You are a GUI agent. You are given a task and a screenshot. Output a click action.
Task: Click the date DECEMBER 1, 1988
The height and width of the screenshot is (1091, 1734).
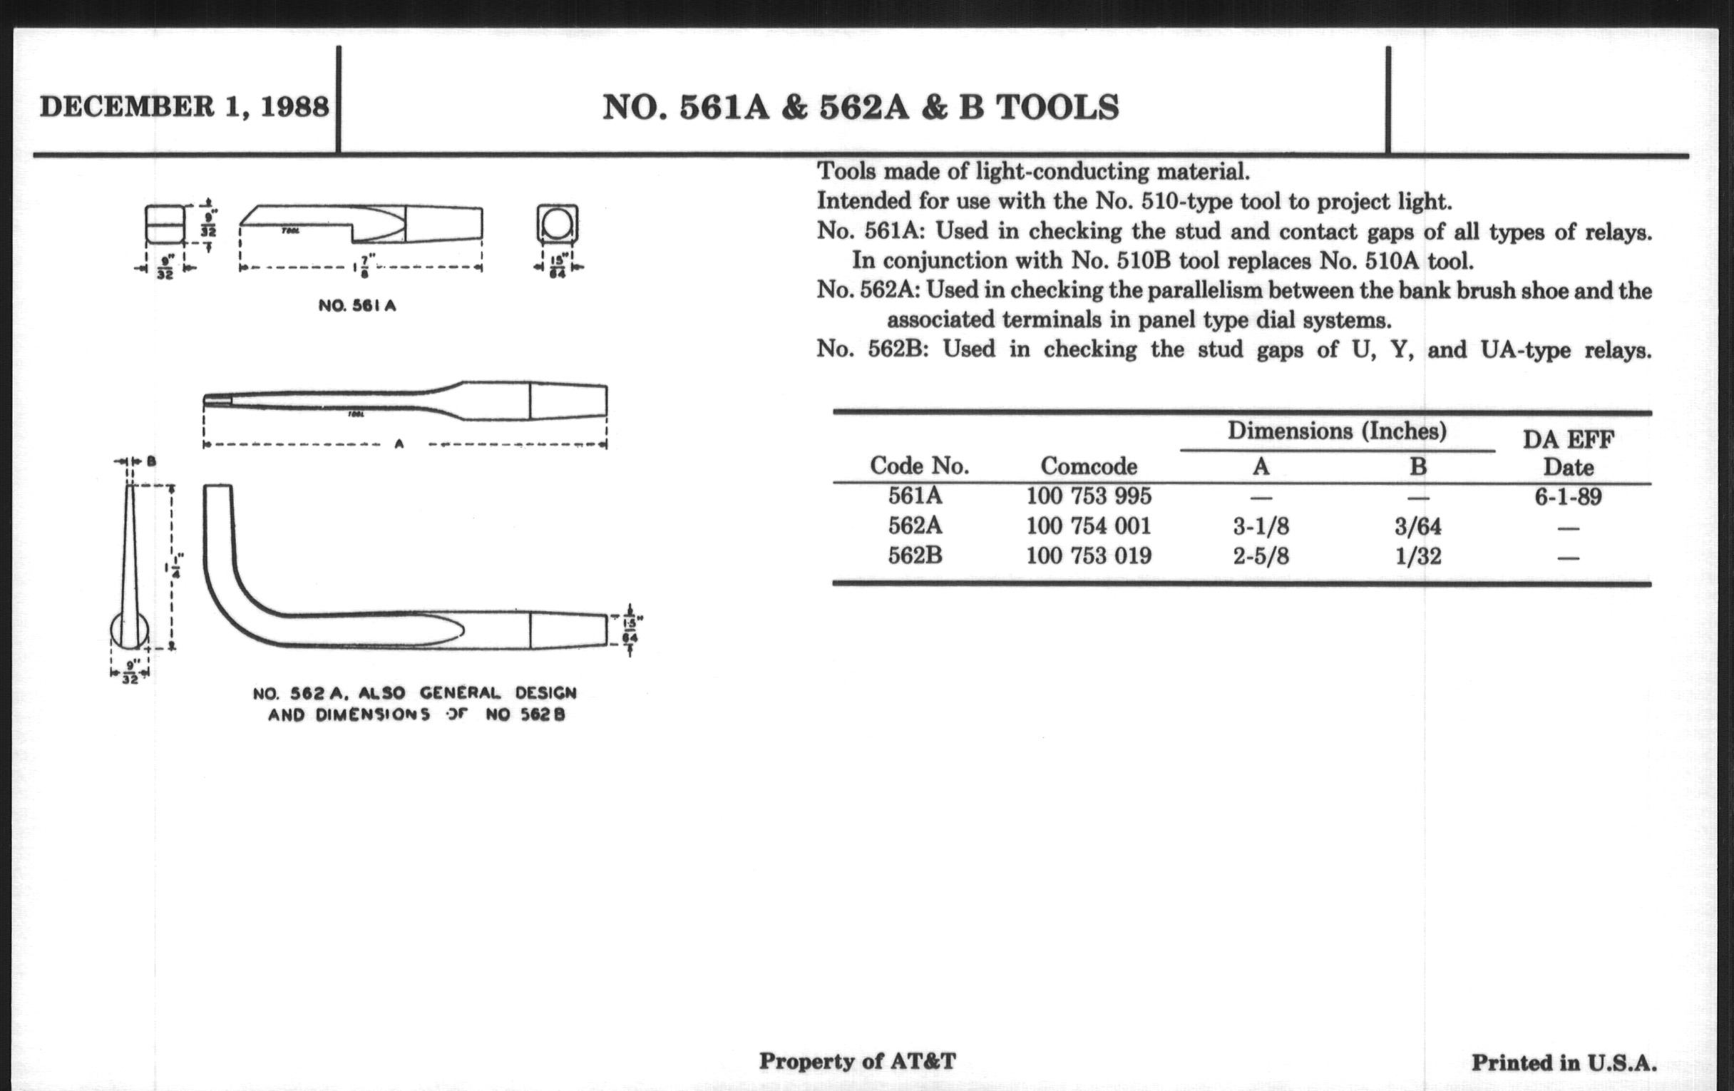185,106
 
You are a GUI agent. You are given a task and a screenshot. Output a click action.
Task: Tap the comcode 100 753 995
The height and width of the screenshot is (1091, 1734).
1088,496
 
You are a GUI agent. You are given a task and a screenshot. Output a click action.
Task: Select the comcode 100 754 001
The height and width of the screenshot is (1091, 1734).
1088,526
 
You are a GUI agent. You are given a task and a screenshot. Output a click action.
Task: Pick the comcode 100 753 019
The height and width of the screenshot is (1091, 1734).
1088,556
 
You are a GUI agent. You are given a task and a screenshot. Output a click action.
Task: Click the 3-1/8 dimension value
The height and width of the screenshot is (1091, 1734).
1261,526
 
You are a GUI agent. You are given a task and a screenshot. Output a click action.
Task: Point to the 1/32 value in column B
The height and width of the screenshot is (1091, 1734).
1417,557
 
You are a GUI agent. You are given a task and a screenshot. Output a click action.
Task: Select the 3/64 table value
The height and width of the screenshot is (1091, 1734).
1417,526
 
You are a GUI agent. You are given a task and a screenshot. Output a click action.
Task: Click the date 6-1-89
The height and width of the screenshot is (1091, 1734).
1568,497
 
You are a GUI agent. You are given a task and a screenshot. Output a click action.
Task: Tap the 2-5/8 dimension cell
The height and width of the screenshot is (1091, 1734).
1261,557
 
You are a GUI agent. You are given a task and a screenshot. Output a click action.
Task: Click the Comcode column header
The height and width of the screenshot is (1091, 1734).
1088,466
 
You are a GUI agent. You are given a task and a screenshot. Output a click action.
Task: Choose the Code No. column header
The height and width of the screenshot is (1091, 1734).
919,466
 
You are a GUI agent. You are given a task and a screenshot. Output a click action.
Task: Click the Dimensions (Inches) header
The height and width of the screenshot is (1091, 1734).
1336,431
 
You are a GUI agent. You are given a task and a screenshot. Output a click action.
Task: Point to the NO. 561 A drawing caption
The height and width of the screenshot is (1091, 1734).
357,305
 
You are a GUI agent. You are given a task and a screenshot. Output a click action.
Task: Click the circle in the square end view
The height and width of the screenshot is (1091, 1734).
557,224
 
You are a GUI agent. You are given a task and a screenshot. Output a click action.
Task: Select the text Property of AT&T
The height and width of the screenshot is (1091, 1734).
857,1061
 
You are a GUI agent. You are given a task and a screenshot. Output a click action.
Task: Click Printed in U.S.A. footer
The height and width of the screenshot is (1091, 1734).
1564,1063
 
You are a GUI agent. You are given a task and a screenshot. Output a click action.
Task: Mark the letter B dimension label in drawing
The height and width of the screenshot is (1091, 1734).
151,461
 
